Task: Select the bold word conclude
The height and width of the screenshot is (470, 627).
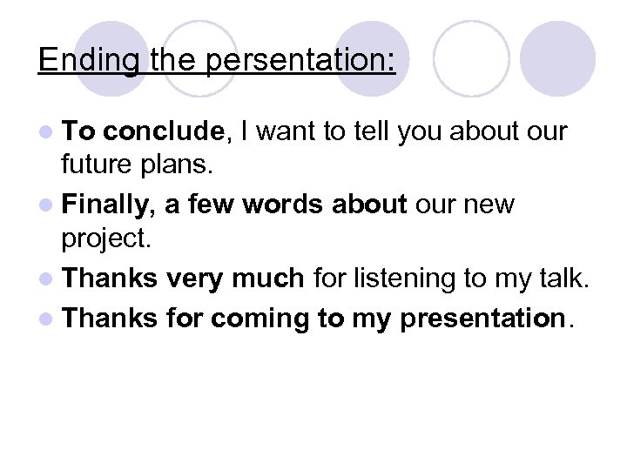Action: click(166, 132)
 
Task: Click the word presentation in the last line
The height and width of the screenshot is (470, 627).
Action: click(482, 319)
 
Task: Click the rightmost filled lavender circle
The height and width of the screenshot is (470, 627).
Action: click(557, 58)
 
